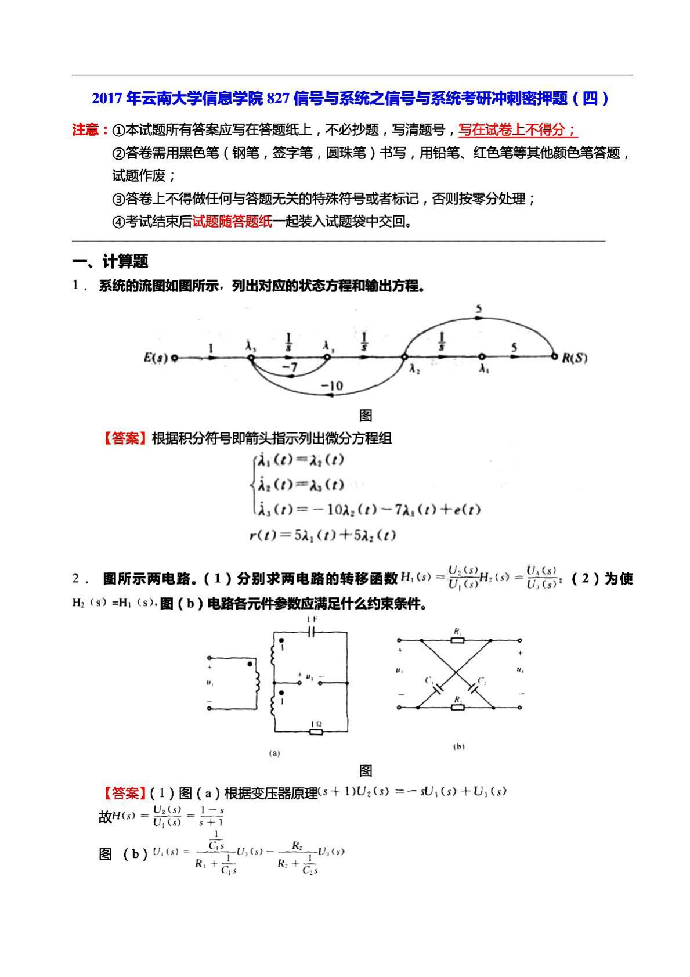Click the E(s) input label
click(x=155, y=358)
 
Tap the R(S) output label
click(x=575, y=358)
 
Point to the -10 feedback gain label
click(x=332, y=385)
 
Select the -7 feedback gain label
click(x=290, y=367)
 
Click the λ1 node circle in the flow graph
click(x=481, y=357)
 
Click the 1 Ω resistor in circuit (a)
click(x=316, y=731)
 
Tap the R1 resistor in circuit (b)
click(x=457, y=640)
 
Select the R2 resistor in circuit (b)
click(x=457, y=708)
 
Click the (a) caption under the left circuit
click(x=274, y=754)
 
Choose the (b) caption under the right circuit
click(x=458, y=747)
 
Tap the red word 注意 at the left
click(x=86, y=129)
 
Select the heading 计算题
click(x=125, y=261)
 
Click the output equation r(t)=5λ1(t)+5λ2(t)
click(x=322, y=535)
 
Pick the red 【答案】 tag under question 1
click(x=125, y=438)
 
